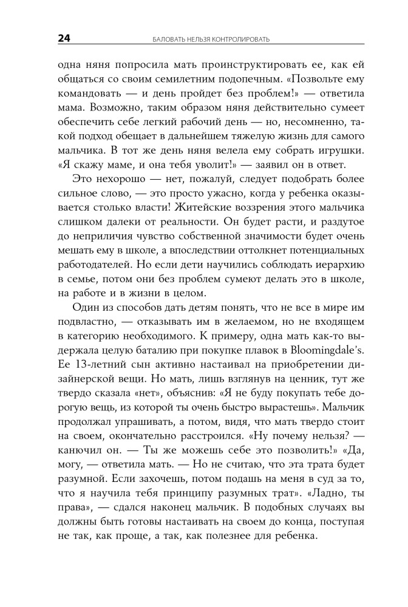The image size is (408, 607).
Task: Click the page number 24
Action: pyautogui.click(x=65, y=39)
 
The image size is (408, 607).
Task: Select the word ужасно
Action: pyautogui.click(x=219, y=195)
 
